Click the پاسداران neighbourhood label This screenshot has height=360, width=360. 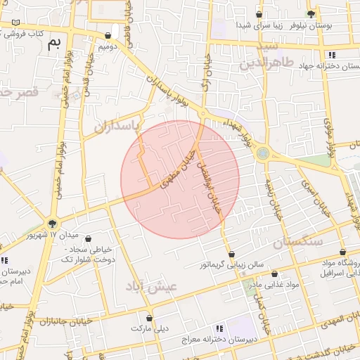113,126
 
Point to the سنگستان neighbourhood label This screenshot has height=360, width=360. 297,242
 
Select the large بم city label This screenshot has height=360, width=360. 55,44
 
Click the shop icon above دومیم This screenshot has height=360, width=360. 108,36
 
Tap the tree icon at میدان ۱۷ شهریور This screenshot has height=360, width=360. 52,224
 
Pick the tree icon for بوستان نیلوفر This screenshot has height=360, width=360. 311,13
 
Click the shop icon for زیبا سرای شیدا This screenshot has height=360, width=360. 259,14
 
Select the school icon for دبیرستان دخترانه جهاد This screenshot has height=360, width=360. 332,55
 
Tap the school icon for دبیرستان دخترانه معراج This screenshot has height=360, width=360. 219,328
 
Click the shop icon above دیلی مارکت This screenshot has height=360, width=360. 149,318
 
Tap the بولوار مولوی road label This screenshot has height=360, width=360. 328,130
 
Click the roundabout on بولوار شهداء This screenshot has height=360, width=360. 262,153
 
